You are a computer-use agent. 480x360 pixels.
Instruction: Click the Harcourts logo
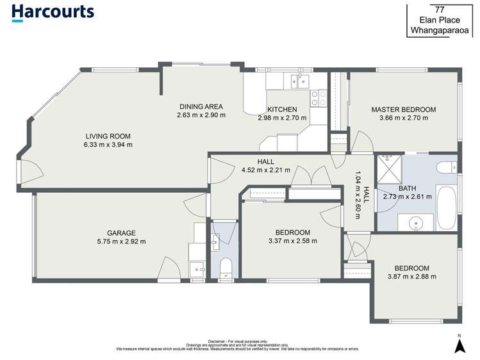click(x=53, y=12)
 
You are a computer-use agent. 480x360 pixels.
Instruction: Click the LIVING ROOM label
click(x=108, y=136)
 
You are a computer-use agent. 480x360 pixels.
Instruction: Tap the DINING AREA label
click(x=201, y=106)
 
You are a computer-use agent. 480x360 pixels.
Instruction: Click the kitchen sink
click(x=298, y=80)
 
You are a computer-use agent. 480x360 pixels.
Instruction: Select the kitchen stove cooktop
click(x=318, y=97)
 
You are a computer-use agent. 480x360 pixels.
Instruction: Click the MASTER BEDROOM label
click(x=403, y=110)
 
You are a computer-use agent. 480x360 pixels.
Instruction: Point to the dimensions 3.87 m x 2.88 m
click(x=411, y=277)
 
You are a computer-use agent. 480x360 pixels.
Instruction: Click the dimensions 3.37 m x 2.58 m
click(x=292, y=241)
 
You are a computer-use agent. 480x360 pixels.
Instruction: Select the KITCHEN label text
click(x=282, y=109)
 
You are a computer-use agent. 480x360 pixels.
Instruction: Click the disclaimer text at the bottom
click(x=237, y=347)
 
